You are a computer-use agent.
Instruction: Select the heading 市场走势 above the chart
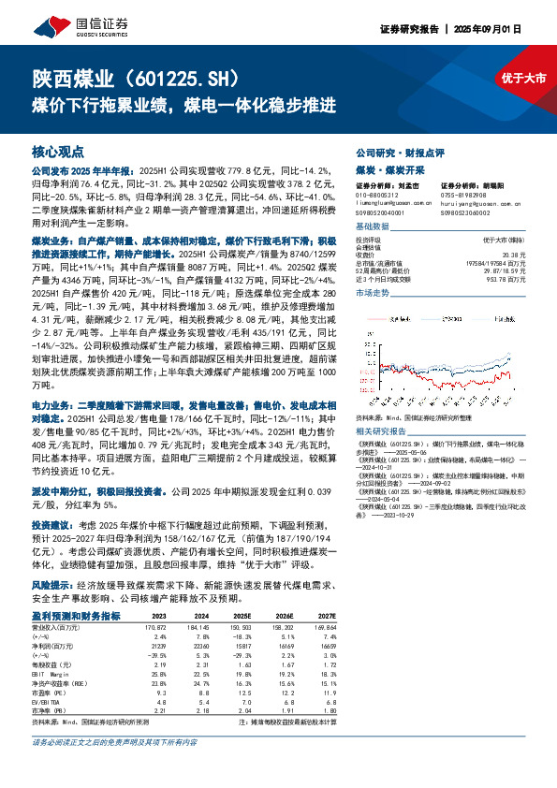point(373,294)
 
